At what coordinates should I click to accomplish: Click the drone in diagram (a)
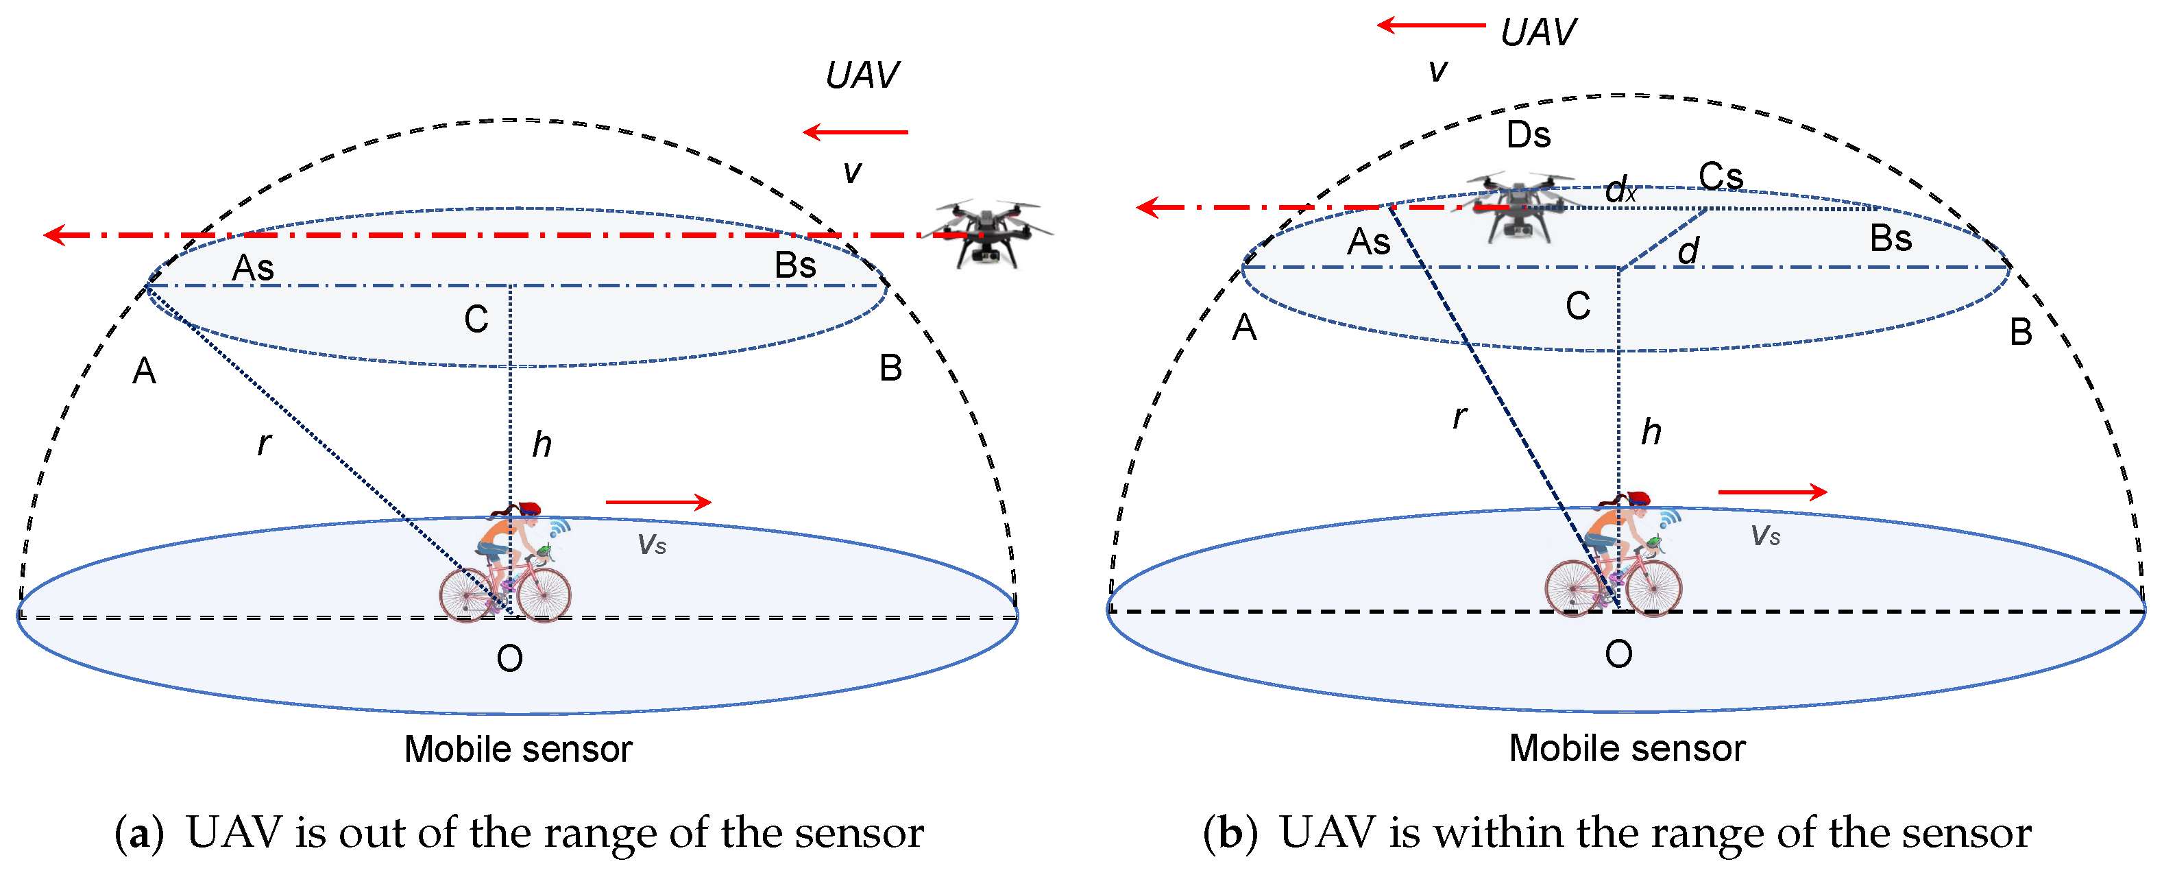coord(988,232)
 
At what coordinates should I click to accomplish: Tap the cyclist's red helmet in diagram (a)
coord(529,509)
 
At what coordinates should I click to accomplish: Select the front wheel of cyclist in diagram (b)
coord(1653,586)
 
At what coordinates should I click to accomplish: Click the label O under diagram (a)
coord(509,658)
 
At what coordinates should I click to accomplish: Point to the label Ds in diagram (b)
coord(1528,135)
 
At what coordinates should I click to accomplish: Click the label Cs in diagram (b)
coord(1720,177)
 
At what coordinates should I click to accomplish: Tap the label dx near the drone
coord(1620,191)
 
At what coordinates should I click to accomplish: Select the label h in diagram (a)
coord(542,444)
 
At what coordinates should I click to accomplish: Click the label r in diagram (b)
coord(1459,416)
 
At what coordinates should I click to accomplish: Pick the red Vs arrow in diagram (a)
coord(659,503)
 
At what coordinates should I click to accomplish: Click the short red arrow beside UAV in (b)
coord(1431,25)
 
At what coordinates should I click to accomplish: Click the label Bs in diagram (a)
coord(794,265)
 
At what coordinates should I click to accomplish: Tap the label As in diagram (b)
coord(1368,243)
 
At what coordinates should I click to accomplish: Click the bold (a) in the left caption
coord(138,833)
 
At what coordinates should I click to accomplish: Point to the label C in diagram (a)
coord(476,320)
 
